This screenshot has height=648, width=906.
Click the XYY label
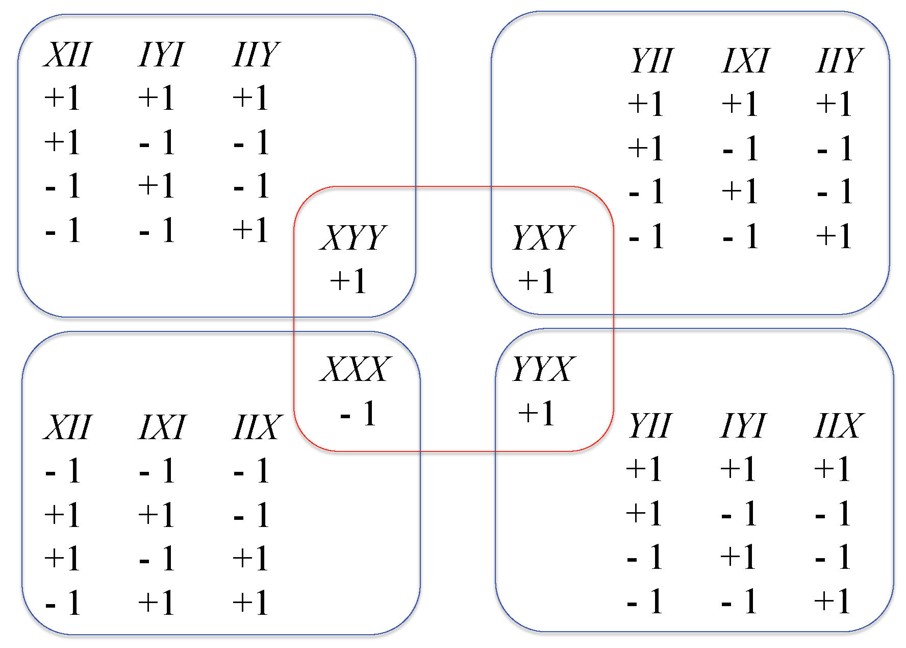(x=354, y=237)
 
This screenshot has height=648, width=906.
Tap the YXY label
(x=543, y=237)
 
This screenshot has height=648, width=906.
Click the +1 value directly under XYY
(x=348, y=281)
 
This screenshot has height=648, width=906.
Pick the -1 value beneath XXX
(x=358, y=414)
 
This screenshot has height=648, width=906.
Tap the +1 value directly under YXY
(x=536, y=281)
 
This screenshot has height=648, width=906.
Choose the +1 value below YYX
(x=536, y=413)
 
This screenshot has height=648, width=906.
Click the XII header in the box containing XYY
(x=67, y=55)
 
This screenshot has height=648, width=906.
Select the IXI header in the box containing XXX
(x=162, y=427)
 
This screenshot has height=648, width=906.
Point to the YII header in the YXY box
(x=651, y=61)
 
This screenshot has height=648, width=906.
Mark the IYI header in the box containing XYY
(x=161, y=55)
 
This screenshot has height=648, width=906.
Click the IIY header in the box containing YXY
(x=839, y=61)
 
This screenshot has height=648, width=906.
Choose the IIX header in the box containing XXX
(x=258, y=427)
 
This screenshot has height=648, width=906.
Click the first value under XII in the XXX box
(x=63, y=471)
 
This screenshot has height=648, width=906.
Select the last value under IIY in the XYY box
(x=250, y=230)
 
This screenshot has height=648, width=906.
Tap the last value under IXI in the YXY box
(x=741, y=236)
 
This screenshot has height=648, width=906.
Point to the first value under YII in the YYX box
(x=644, y=469)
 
